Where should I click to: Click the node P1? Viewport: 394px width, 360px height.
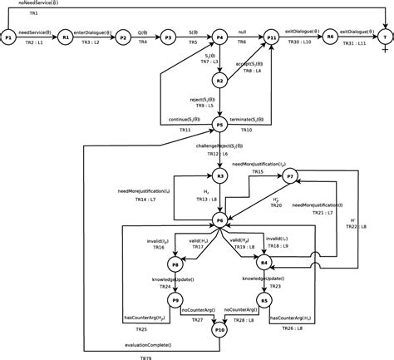8,37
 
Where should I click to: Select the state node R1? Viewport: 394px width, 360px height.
66,37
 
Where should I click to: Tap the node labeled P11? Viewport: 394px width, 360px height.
272,37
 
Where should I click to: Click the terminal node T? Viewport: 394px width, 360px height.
385,37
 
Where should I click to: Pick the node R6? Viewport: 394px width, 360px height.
330,37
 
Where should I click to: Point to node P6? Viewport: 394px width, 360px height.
219,219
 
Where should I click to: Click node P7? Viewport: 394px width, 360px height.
290,176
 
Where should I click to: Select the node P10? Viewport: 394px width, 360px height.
219,330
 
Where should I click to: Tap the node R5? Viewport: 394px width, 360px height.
264,299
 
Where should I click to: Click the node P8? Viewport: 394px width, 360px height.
175,264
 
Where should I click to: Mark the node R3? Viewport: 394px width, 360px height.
219,176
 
